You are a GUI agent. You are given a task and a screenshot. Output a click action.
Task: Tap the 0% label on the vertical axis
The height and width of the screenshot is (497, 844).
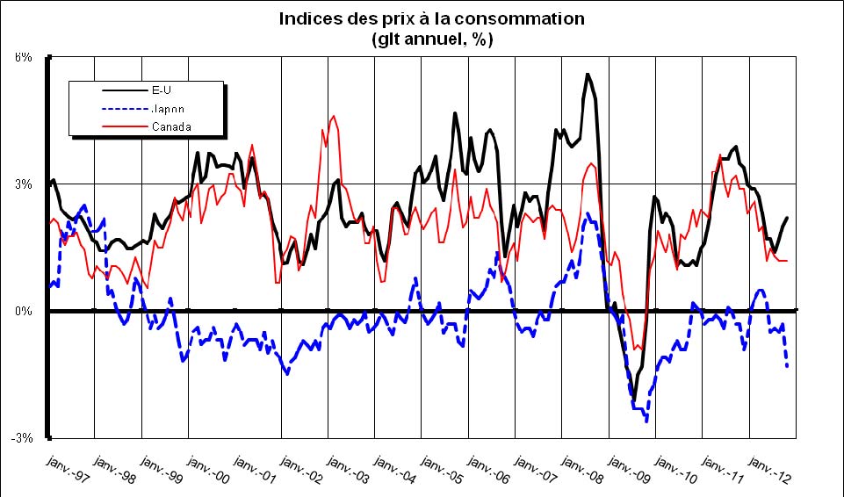[x=24, y=311]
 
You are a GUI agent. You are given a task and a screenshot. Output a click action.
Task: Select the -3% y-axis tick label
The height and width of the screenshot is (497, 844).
[x=22, y=438]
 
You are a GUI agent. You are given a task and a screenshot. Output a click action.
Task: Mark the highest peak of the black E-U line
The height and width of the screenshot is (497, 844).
[x=588, y=74]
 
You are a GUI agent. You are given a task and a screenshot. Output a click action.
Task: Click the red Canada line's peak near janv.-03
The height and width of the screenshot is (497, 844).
[x=333, y=116]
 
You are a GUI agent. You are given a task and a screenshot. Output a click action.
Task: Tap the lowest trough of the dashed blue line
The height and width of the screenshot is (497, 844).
[x=647, y=421]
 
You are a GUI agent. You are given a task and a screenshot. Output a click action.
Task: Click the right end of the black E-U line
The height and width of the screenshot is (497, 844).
[x=787, y=217]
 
